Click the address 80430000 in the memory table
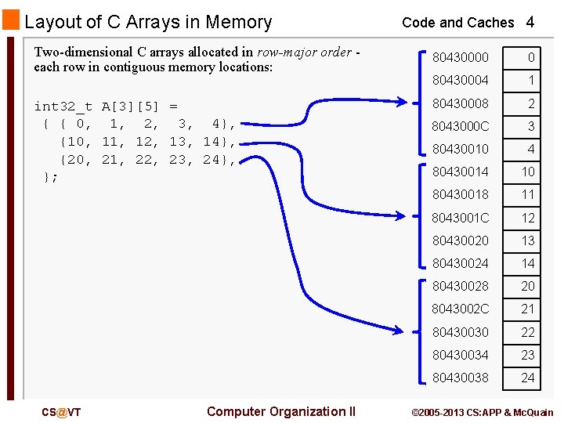(460, 57)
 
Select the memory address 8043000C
(461, 126)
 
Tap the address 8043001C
(461, 218)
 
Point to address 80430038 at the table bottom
(460, 378)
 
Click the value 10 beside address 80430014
(529, 172)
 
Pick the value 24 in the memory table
(529, 378)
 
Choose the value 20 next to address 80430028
(529, 286)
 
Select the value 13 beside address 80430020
(529, 240)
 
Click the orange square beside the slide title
(11, 20)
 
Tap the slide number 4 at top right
(530, 22)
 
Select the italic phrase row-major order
(304, 52)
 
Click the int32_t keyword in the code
(63, 106)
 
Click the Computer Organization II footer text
(281, 411)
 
